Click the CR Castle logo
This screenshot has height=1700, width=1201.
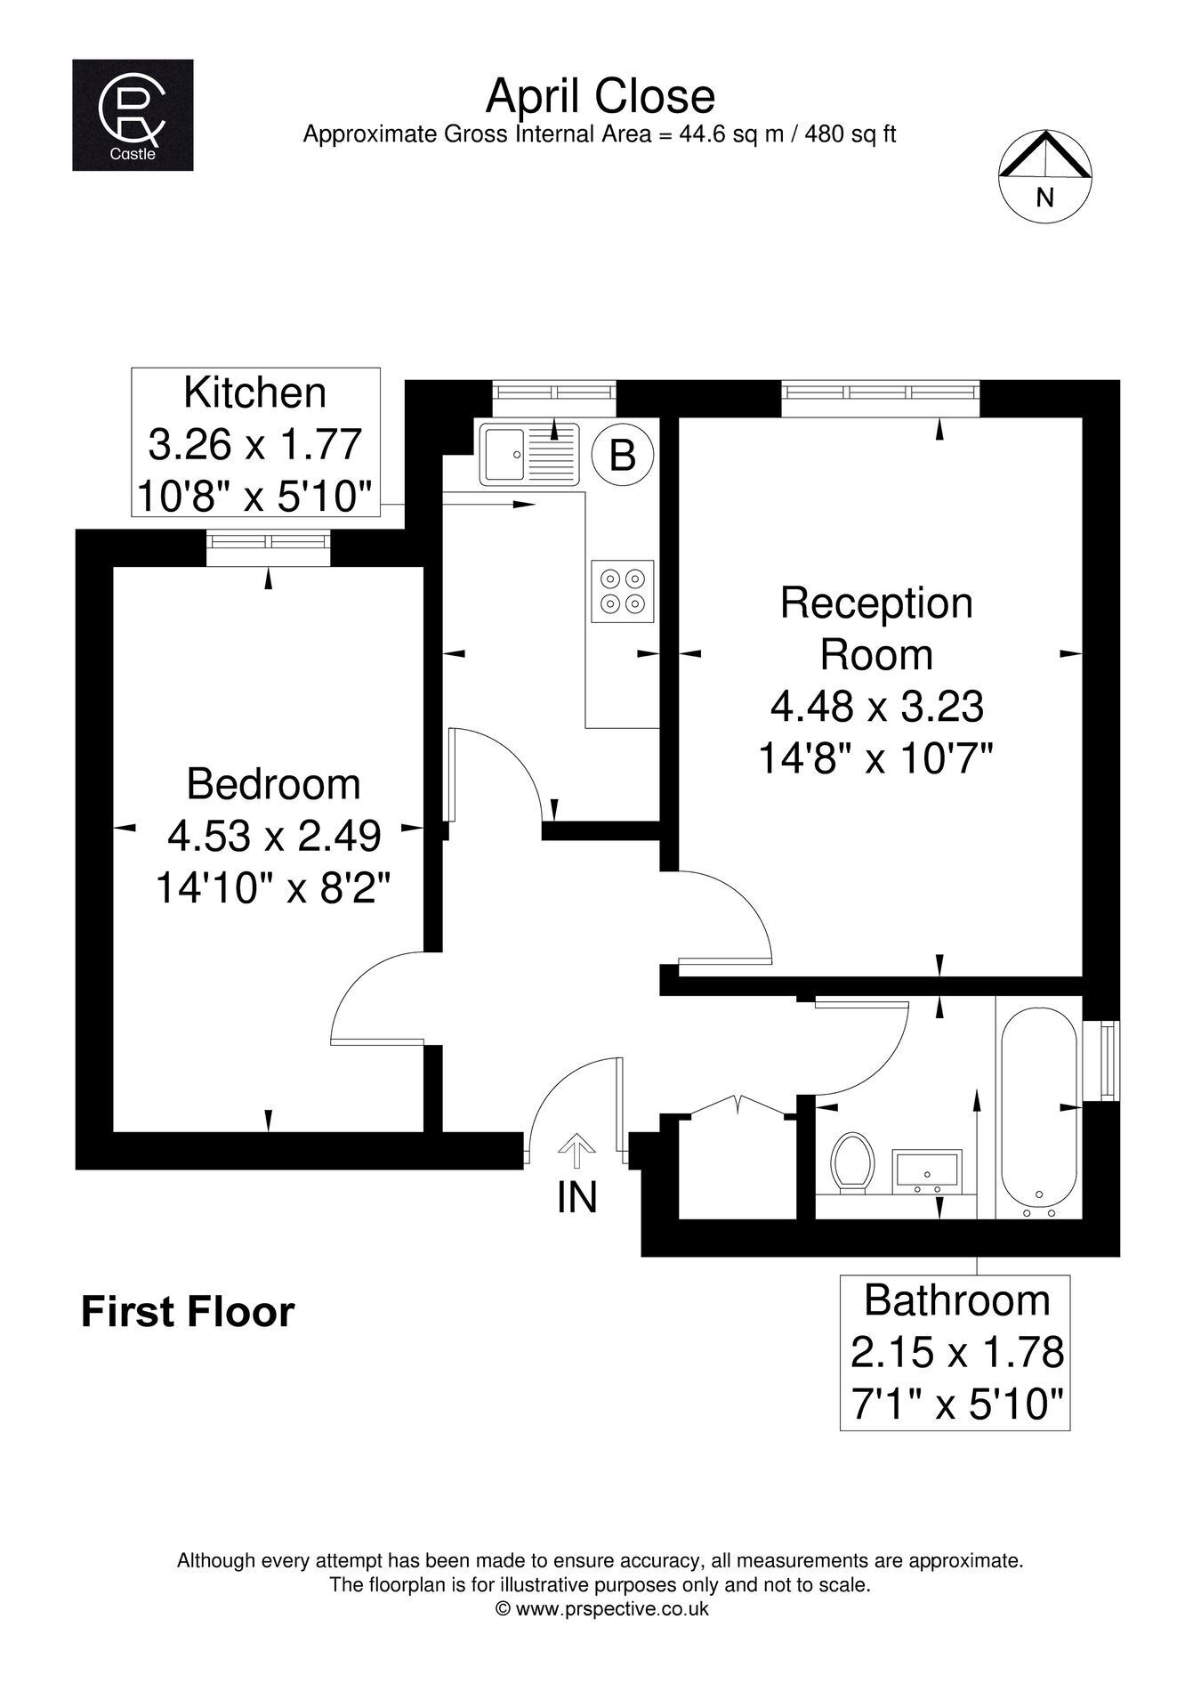pyautogui.click(x=133, y=115)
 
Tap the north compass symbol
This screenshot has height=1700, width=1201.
pyautogui.click(x=1044, y=175)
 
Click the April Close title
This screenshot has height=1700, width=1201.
pyautogui.click(x=600, y=96)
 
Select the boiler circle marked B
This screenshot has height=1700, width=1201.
pyautogui.click(x=623, y=456)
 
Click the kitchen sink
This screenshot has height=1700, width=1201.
pyautogui.click(x=529, y=454)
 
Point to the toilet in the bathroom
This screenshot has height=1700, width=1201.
pyautogui.click(x=851, y=1162)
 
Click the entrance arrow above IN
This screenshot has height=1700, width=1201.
pyautogui.click(x=576, y=1151)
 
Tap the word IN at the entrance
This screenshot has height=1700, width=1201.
pyautogui.click(x=576, y=1197)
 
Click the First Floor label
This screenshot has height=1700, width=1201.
pyautogui.click(x=188, y=1312)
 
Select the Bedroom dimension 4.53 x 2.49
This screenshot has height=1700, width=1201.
pyautogui.click(x=274, y=836)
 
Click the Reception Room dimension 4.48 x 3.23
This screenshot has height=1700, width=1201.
pyautogui.click(x=877, y=707)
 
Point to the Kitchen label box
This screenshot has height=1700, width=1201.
pyautogui.click(x=256, y=442)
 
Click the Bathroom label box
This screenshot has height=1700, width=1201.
pyautogui.click(x=955, y=1352)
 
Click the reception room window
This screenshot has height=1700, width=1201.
pyautogui.click(x=881, y=397)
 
